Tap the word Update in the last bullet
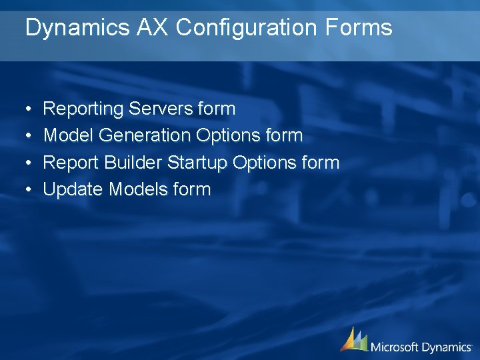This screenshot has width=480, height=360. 73,190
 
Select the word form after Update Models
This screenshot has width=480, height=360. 191,189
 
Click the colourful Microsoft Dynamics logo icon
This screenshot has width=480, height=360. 353,339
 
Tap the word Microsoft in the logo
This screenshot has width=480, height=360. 395,347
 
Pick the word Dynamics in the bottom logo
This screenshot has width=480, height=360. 447,347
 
